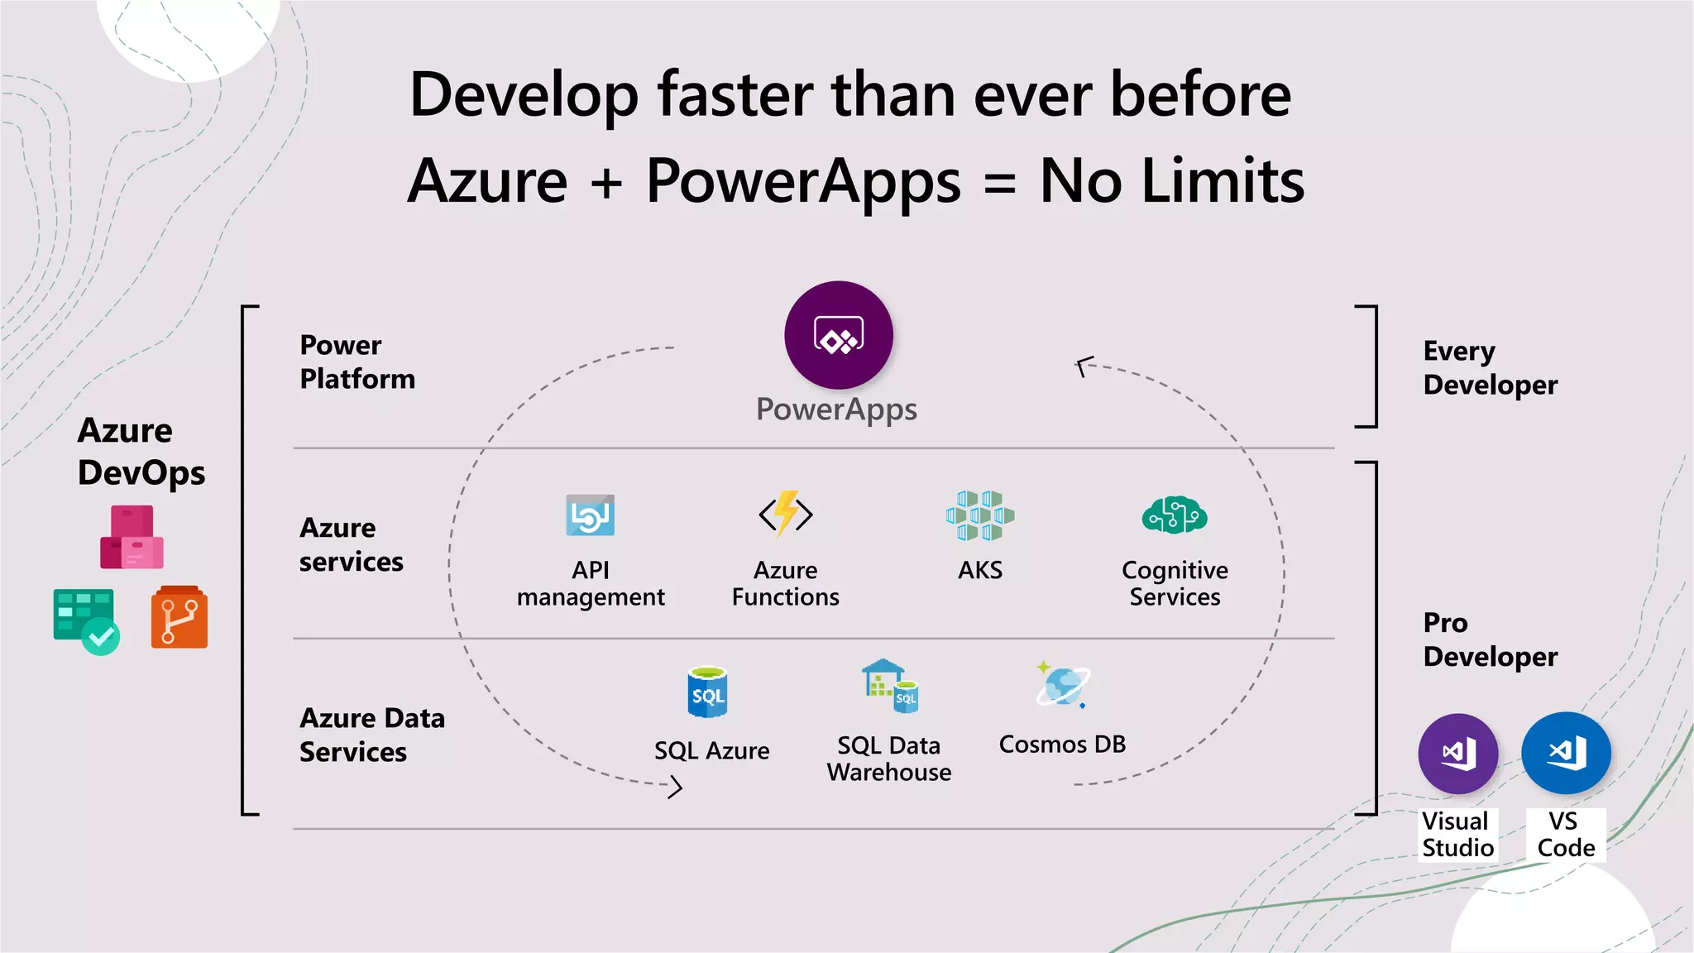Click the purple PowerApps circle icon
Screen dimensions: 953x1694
point(838,335)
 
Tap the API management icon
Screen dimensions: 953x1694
point(590,515)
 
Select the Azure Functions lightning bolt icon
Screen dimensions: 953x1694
point(786,514)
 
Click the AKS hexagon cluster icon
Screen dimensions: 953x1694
point(980,515)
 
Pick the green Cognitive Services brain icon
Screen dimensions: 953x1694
point(1175,515)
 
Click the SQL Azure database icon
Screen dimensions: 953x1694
point(708,692)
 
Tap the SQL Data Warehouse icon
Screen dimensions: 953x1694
point(890,687)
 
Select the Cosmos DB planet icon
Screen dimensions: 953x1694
point(1062,686)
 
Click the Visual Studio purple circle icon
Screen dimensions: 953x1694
point(1457,754)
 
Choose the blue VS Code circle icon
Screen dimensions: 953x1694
point(1566,753)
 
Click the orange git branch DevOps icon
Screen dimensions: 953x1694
point(179,617)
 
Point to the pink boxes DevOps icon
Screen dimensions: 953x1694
point(132,538)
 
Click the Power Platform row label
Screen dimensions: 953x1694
point(357,362)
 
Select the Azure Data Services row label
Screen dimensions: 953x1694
point(371,735)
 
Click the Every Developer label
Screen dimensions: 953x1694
point(1490,368)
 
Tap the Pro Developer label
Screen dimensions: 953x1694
point(1490,639)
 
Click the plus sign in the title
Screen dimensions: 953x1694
point(606,182)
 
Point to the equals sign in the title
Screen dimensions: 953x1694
point(1000,182)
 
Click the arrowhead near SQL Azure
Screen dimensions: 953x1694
point(675,786)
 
